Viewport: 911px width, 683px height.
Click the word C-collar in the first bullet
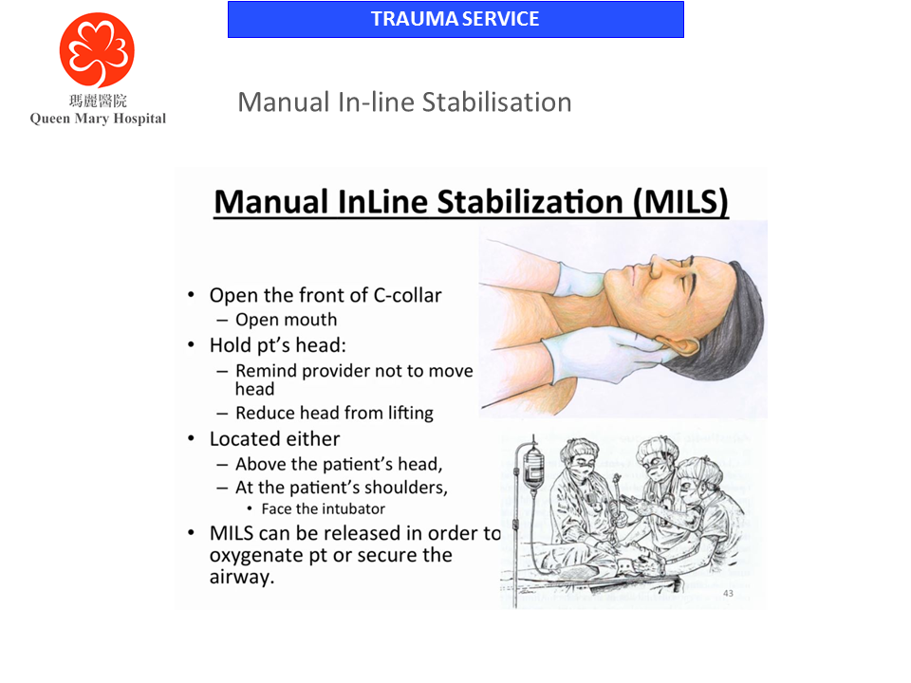tap(406, 295)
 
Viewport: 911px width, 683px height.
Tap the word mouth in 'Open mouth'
tap(312, 320)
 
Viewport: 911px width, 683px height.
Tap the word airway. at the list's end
tap(242, 576)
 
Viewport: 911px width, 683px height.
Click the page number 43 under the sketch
tap(728, 594)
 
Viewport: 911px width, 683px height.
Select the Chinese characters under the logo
tap(98, 101)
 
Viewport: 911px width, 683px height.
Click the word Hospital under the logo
tap(137, 119)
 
